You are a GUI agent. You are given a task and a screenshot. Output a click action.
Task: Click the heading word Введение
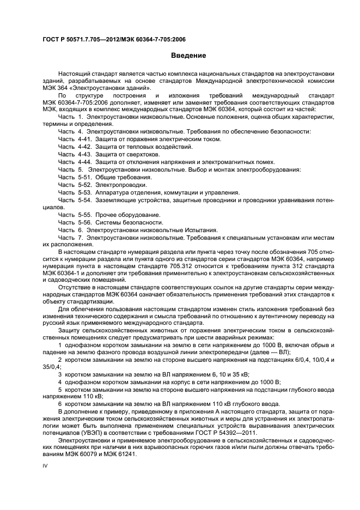pyautogui.click(x=188, y=56)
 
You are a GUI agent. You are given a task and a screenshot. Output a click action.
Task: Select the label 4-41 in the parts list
pyautogui.click(x=84, y=139)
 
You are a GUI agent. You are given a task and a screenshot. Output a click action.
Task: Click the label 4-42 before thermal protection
pyautogui.click(x=84, y=147)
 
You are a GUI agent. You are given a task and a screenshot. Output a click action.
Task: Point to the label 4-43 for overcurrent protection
pyautogui.click(x=84, y=154)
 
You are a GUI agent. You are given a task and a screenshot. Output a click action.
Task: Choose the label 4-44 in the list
pyautogui.click(x=84, y=162)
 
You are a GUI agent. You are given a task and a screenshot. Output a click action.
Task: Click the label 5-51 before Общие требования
pyautogui.click(x=84, y=177)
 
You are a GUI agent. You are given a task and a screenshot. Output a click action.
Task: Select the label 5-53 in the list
pyautogui.click(x=84, y=192)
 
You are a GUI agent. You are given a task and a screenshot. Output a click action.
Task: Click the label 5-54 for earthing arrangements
pyautogui.click(x=84, y=200)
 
